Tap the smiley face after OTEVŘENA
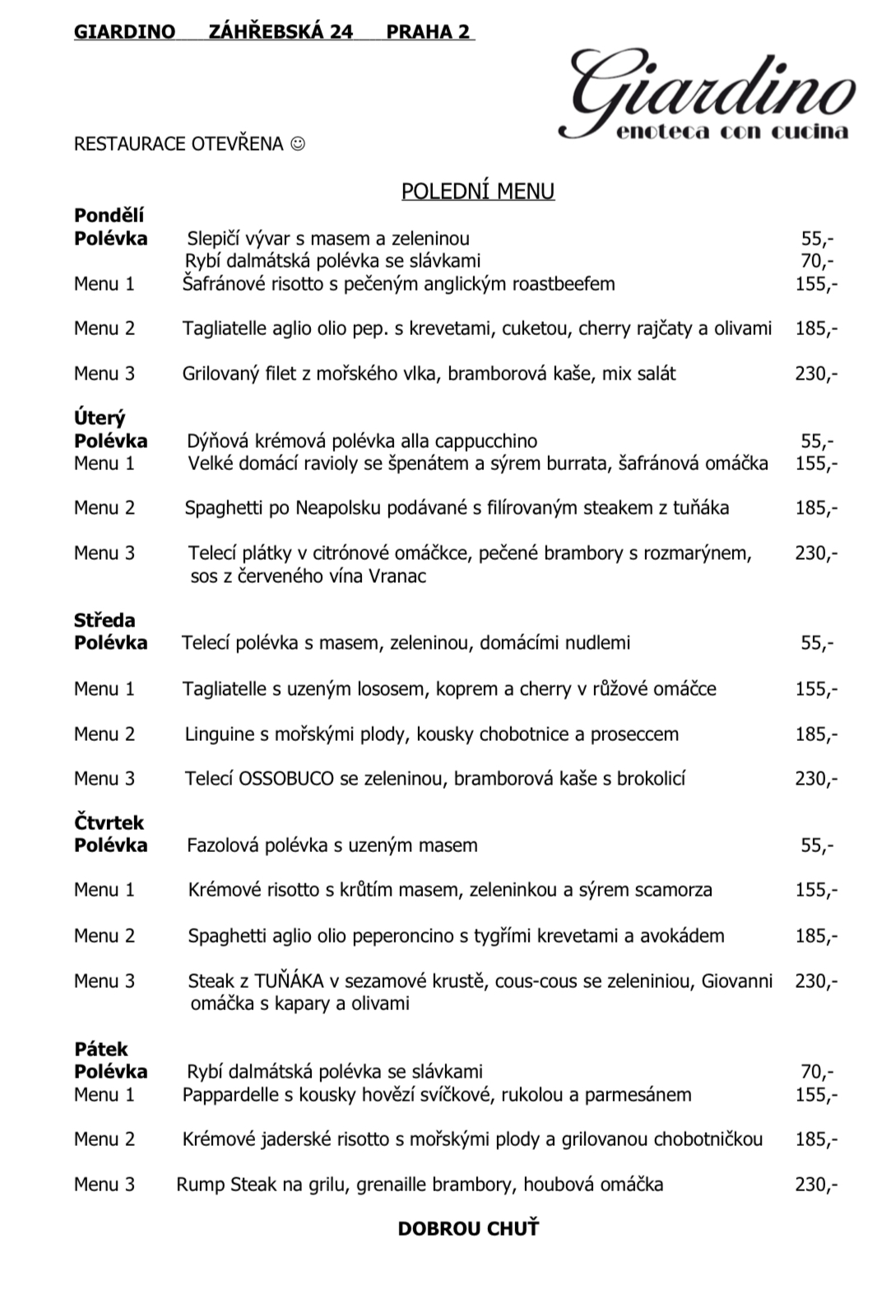298,144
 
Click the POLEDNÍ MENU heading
477,191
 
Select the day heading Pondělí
109,216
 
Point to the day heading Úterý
100,418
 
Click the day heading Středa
104,620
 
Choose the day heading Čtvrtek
109,822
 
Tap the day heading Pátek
101,1049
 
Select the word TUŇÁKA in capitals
290,981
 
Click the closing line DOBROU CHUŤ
468,1229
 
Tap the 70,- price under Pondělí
816,262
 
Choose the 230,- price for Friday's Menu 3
816,1185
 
